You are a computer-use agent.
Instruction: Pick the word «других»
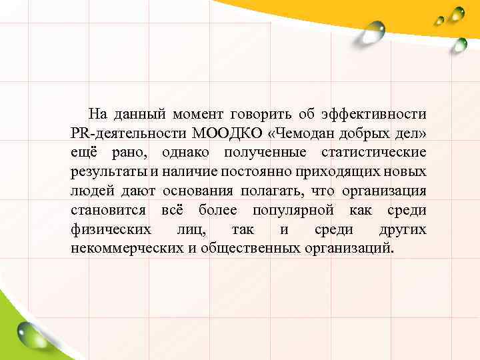point(403,230)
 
